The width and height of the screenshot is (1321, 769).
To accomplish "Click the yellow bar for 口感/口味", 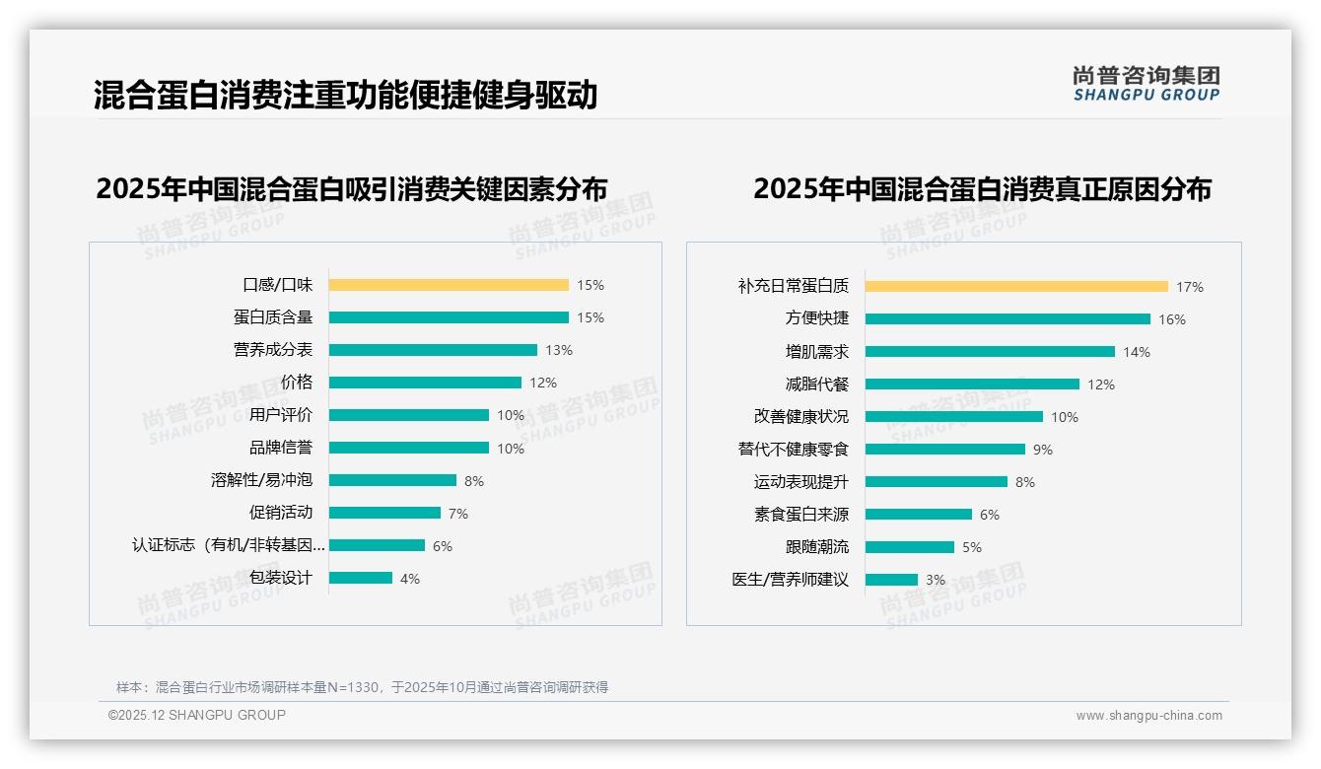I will point(449,285).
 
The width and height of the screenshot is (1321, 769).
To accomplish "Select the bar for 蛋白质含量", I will point(449,317).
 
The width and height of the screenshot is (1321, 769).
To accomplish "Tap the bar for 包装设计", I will point(361,578).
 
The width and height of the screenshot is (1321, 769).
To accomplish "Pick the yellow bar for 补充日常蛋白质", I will point(1016,287).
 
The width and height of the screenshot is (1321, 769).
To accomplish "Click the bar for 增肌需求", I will point(990,352).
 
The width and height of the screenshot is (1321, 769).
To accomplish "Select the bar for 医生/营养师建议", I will point(891,580).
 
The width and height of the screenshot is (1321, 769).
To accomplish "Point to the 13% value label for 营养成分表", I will point(559,350).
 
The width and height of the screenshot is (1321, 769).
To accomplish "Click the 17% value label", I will point(1189,287).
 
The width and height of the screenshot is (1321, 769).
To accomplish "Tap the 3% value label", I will point(935,580).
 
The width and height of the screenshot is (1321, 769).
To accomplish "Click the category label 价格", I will point(296,383).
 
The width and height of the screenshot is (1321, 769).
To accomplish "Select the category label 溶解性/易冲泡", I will point(261,480).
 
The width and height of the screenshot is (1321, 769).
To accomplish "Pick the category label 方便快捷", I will point(816,319).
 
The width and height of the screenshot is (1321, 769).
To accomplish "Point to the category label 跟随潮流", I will point(816,547).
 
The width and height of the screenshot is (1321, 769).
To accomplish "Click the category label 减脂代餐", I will point(816,384).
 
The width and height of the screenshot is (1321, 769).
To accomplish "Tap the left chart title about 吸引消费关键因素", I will point(351,188).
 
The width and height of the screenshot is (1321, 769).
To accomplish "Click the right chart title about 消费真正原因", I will point(982,188).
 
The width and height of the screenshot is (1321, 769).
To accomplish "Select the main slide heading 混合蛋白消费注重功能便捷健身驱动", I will point(345,96).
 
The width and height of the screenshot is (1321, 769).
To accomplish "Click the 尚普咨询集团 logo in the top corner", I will point(1147,84).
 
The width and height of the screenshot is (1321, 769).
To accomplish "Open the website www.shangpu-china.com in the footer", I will point(1148,716).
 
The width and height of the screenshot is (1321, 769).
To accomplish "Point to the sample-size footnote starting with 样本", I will point(362,687).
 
